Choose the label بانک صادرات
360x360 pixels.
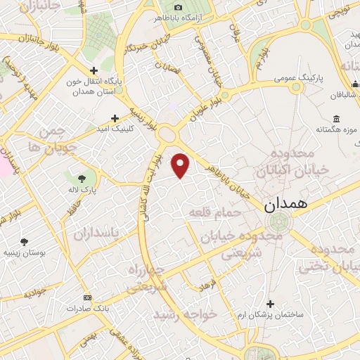(x=85, y=309)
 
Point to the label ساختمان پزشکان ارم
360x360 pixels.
(x=271, y=316)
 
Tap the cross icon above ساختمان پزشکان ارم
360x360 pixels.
(x=271, y=304)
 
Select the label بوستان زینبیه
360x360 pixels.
(x=25, y=253)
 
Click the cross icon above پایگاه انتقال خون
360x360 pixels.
(x=94, y=70)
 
